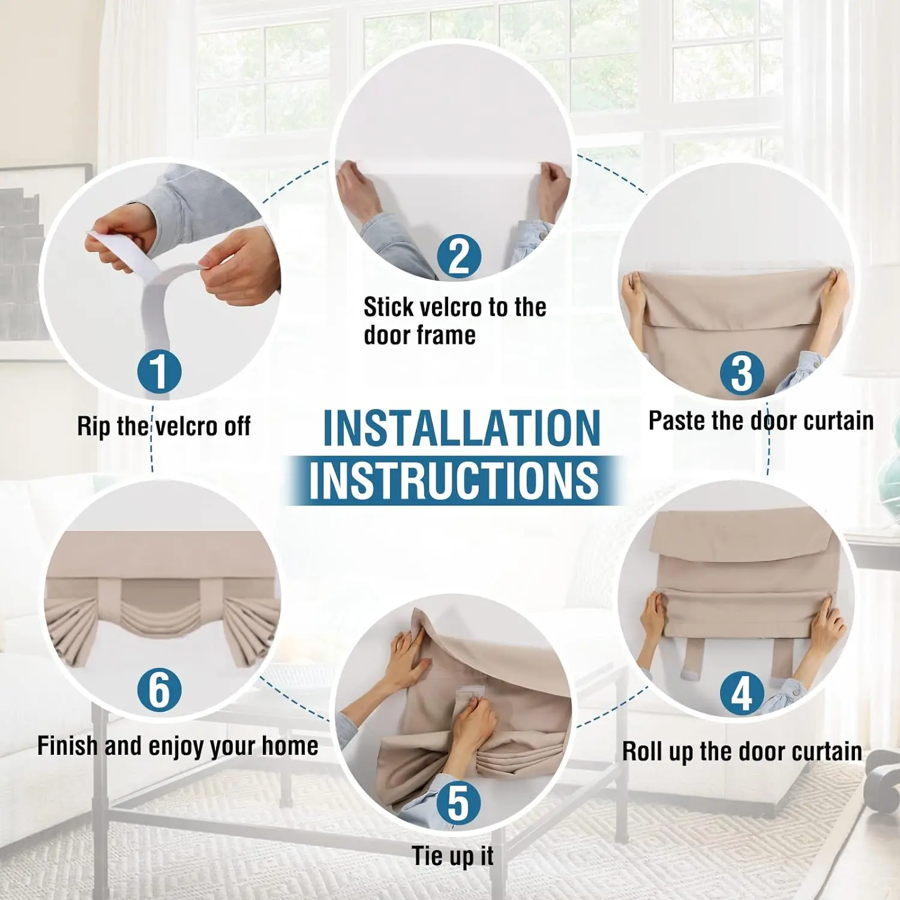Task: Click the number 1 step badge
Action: [x=159, y=371]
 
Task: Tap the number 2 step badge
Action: [x=459, y=256]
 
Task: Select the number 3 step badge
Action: [x=742, y=374]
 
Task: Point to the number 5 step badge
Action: [x=459, y=803]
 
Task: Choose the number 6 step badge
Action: [x=159, y=689]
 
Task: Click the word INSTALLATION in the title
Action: [x=461, y=428]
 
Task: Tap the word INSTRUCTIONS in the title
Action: [x=454, y=480]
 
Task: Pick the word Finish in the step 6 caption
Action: [x=67, y=746]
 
